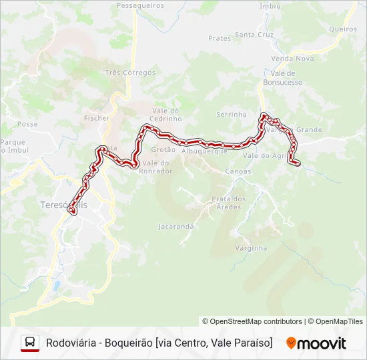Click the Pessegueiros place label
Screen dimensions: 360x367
pos(140,5)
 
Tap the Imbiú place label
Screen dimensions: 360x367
pos(270,5)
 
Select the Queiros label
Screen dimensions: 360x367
pos(343,29)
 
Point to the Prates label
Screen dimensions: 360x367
pos(220,39)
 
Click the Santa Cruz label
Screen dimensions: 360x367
pos(254,35)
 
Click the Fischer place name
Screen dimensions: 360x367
pos(97,118)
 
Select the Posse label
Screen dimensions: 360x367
pos(27,124)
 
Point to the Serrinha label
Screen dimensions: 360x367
pos(232,115)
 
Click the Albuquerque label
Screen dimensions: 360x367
pos(205,151)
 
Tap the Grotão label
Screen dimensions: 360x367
pos(163,150)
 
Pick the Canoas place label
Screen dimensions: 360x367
pos(238,171)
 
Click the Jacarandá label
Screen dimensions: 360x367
pos(175,227)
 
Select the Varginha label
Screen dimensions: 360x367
pos(251,248)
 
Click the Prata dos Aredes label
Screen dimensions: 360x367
pos(228,203)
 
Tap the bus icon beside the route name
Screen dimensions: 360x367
pos(30,343)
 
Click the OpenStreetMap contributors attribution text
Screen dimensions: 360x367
pos(252,321)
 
